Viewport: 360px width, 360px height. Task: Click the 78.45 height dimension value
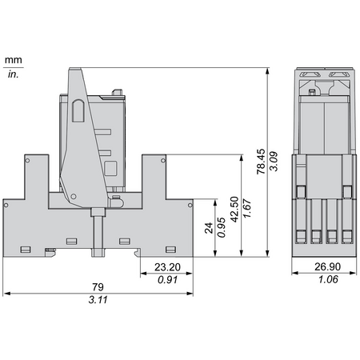(x=261, y=162)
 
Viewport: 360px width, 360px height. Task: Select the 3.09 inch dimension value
(x=274, y=162)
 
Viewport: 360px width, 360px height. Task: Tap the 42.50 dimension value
(x=234, y=210)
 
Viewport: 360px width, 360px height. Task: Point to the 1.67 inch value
(x=247, y=208)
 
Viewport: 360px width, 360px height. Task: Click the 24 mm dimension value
(x=209, y=228)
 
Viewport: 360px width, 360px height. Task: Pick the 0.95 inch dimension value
(x=222, y=227)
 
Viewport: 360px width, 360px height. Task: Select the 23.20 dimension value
(x=167, y=267)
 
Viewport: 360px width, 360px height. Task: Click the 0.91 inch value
(x=167, y=280)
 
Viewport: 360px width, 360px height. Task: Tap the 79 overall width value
(x=98, y=287)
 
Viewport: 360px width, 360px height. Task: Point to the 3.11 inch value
(x=98, y=300)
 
